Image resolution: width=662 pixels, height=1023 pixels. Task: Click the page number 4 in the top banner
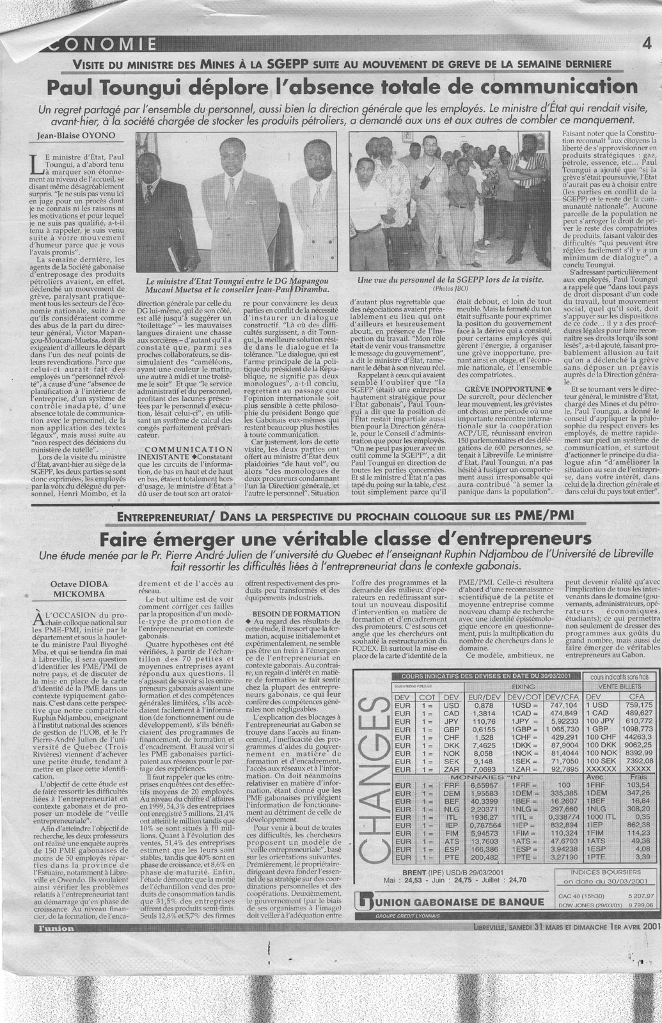point(647,44)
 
